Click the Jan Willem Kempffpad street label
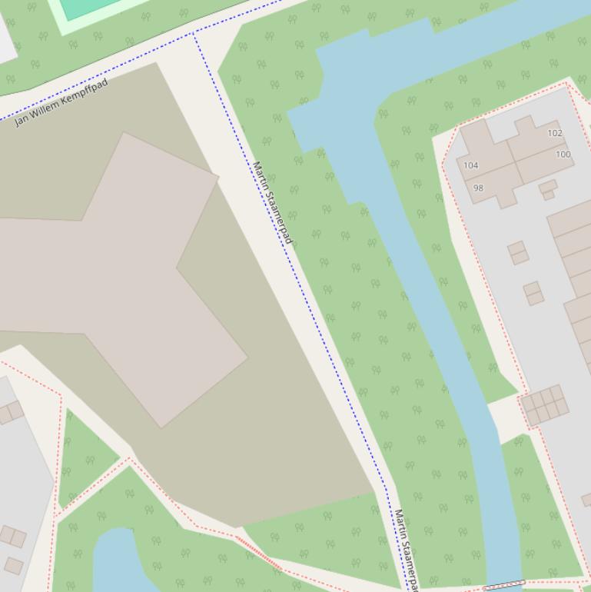(61, 102)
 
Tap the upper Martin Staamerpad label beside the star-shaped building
(273, 203)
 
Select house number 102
(555, 133)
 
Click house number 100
(563, 155)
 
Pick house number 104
(470, 165)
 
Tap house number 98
(478, 188)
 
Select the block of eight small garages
(545, 405)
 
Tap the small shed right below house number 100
(548, 188)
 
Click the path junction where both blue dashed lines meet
(193, 34)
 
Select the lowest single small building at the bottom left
(13, 566)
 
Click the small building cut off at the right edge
(586, 500)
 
